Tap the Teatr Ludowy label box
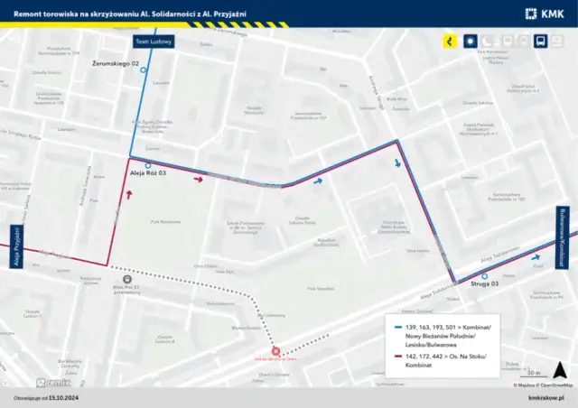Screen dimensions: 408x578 tap(152, 42)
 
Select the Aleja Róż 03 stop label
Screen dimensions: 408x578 tap(148, 172)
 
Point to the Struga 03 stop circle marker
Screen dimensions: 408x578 tap(485, 276)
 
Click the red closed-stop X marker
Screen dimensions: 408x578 tap(276, 352)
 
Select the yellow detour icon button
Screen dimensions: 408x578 tap(449, 42)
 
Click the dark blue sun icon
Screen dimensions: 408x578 tap(469, 42)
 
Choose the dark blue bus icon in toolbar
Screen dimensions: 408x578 tap(539, 42)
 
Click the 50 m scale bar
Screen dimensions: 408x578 tap(534, 374)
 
